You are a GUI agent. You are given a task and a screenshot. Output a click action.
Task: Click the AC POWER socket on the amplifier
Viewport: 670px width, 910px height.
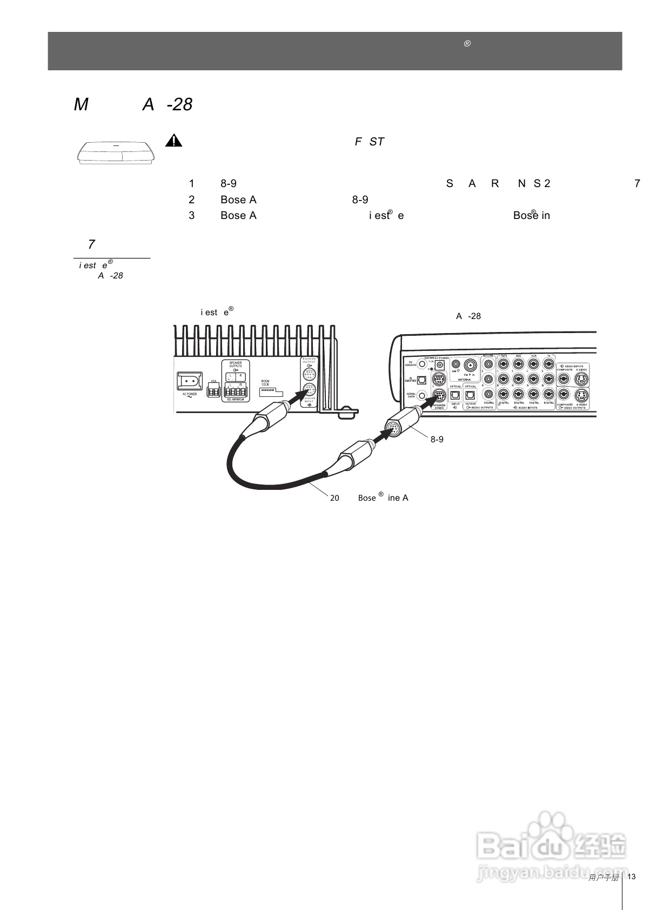pos(190,382)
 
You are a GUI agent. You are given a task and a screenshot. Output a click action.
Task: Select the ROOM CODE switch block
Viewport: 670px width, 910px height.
pos(268,389)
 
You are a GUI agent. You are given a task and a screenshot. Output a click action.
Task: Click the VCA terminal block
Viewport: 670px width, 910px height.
pos(213,391)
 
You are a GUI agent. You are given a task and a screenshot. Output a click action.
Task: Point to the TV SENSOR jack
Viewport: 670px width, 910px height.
pos(422,364)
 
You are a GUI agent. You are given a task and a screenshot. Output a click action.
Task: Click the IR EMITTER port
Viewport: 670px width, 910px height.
pos(422,380)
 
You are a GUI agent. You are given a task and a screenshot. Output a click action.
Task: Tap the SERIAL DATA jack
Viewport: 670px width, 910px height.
pos(422,396)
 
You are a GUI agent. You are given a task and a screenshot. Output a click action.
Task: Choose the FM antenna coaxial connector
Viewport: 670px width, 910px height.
pos(470,366)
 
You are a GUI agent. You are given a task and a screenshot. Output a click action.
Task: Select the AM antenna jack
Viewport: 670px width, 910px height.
pos(455,365)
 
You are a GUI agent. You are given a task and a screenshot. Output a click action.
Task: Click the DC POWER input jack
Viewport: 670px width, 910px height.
pos(440,366)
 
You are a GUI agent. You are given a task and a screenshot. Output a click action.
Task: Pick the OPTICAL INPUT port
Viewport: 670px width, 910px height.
pos(455,395)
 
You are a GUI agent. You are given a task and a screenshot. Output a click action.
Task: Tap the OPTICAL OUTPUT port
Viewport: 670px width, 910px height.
pos(470,395)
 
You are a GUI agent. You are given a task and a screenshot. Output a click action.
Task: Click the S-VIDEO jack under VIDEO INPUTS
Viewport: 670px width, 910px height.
pos(581,378)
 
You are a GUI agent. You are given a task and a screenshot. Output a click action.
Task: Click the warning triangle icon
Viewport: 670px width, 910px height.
pos(173,141)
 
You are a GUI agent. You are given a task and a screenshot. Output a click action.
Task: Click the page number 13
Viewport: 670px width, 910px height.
pos(631,876)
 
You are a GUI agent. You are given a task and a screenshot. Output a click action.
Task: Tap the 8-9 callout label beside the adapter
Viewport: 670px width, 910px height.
pos(437,440)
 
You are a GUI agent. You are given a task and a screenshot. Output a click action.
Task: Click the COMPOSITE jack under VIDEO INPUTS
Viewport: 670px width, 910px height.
pos(564,378)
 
